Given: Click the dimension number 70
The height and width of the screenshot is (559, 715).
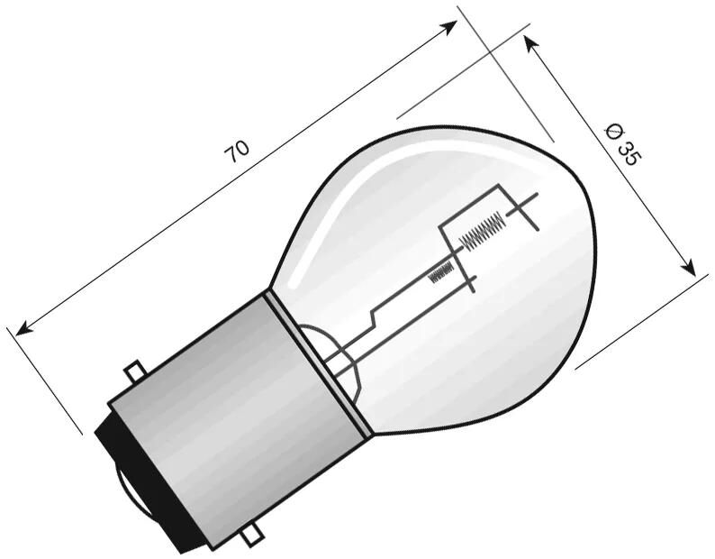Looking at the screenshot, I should pyautogui.click(x=237, y=151).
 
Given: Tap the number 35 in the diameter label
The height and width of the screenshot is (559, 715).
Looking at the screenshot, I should pyautogui.click(x=630, y=152).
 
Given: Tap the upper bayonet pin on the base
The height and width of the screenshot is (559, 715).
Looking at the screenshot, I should pyautogui.click(x=134, y=371).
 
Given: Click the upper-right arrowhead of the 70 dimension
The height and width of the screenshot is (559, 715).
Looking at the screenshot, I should pyautogui.click(x=451, y=26).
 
